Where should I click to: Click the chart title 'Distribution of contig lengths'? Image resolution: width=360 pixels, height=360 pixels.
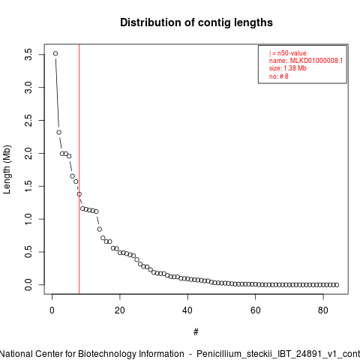click(196, 22)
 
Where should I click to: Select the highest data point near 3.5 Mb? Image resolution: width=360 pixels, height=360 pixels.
click(55, 53)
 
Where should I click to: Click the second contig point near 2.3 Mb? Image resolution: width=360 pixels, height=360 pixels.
click(59, 132)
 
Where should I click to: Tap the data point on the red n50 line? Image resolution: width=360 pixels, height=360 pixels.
click(79, 194)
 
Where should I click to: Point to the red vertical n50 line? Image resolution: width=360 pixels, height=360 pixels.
click(79, 169)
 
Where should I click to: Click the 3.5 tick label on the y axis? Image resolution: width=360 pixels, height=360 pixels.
click(28, 55)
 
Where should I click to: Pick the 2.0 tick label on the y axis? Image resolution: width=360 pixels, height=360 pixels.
click(28, 153)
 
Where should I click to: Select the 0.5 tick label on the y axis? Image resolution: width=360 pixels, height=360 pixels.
click(28, 252)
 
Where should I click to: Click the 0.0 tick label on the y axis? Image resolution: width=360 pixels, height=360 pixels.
click(28, 285)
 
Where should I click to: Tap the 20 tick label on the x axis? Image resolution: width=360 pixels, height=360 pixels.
click(120, 310)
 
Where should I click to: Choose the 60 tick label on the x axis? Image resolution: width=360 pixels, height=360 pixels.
click(256, 310)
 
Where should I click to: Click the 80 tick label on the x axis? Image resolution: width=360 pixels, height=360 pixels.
click(323, 310)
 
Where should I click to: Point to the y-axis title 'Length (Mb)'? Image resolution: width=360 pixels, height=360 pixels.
click(7, 169)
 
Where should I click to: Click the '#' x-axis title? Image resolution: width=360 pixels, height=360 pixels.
click(196, 332)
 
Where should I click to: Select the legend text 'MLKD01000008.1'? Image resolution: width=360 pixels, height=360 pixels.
click(316, 61)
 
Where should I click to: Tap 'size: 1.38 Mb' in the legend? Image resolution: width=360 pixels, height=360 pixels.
click(288, 68)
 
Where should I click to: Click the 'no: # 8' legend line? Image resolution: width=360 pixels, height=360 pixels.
click(279, 76)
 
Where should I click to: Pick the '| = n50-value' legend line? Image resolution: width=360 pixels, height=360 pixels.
click(288, 53)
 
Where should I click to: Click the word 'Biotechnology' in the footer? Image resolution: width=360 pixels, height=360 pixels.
click(106, 354)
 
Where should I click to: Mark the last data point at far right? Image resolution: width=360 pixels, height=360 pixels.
click(337, 285)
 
